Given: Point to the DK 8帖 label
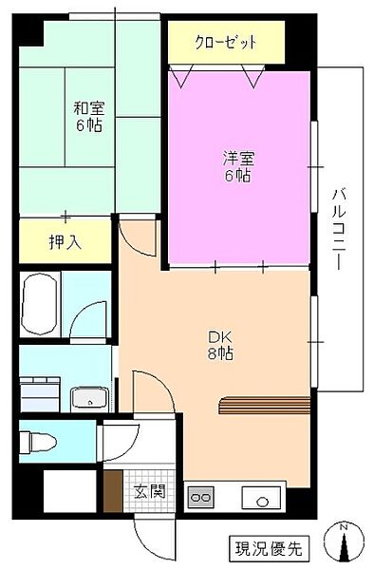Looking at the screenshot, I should click(220, 344).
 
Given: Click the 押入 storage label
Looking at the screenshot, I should click(65, 242).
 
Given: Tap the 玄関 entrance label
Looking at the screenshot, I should click(147, 491).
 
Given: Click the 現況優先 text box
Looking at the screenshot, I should click(268, 547).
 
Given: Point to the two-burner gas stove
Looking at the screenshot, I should click(200, 495).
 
